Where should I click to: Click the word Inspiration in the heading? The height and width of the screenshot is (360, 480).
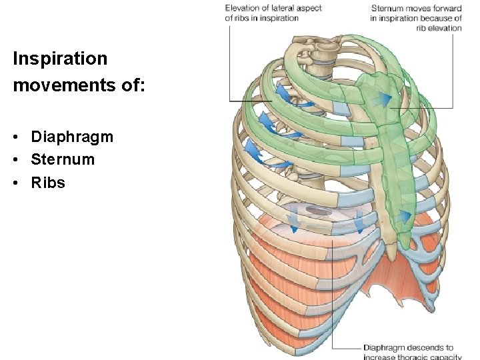point(60,59)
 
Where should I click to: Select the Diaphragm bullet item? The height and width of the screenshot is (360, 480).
point(72,137)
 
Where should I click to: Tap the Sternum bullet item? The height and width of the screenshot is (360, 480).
point(63,159)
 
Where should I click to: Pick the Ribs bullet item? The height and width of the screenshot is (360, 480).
point(48,182)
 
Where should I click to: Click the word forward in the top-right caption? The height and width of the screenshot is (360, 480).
point(446,8)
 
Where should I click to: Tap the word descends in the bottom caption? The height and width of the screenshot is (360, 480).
point(422,347)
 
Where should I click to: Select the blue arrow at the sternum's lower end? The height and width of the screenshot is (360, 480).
point(404,216)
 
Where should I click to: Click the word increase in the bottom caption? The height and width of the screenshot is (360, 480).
point(377,357)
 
